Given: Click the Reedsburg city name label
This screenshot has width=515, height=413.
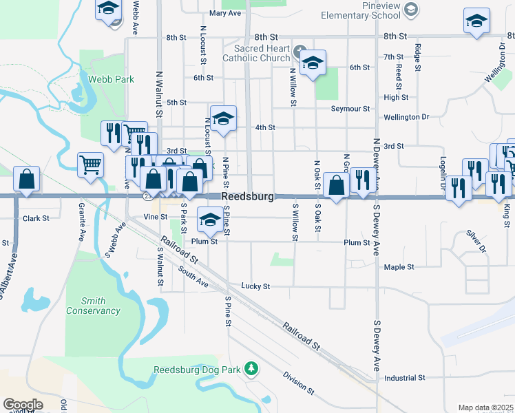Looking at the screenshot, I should (248, 197).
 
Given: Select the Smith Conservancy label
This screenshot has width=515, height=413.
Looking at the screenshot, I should (93, 306).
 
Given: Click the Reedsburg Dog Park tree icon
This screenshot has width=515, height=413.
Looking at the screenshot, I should (251, 369).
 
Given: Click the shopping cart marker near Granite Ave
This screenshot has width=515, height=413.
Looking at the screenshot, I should (90, 165).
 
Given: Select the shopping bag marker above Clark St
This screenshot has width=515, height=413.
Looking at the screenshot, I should (26, 180).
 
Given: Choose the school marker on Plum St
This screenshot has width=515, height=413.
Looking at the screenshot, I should (210, 220).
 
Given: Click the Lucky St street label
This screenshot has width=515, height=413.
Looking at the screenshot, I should (255, 286).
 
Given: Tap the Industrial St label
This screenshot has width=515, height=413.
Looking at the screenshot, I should (405, 378).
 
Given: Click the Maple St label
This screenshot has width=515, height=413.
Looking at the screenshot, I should (399, 267).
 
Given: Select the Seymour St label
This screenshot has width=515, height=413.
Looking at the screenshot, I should (350, 109).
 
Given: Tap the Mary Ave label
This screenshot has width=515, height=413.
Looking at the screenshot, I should (224, 13).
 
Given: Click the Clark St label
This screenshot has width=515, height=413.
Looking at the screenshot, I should (36, 218).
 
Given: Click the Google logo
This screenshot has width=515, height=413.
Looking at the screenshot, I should (23, 405).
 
